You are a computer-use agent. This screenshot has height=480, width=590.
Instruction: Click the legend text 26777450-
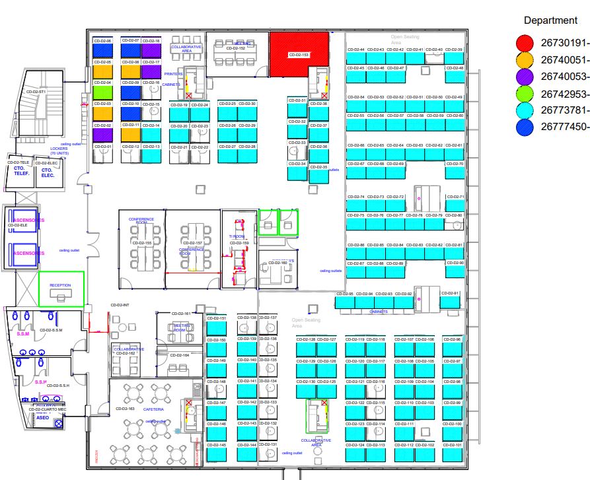tap(564, 127)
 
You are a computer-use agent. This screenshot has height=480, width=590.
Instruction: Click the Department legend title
tap(550, 21)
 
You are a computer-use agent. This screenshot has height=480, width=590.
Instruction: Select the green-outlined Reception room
tap(61, 289)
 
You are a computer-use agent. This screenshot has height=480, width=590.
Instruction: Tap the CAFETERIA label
tap(153, 409)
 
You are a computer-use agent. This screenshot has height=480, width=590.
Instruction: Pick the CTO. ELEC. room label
tap(47, 172)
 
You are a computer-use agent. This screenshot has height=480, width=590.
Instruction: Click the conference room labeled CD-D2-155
tap(141, 249)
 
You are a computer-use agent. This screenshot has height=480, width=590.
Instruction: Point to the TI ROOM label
tap(237, 236)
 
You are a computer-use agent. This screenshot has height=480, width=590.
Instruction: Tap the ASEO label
tap(42, 418)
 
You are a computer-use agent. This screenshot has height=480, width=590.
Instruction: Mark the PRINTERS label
tap(173, 74)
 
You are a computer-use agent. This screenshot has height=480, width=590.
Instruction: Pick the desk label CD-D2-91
tap(451, 293)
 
